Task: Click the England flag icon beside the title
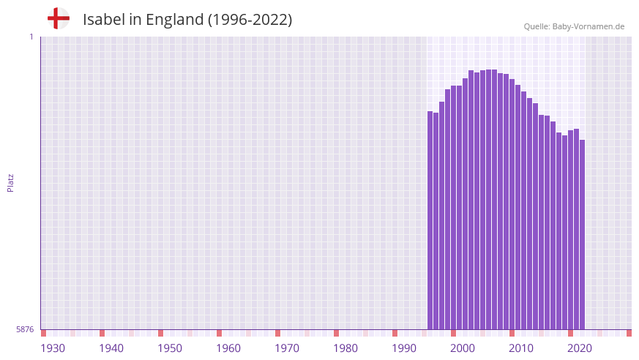coord(59,18)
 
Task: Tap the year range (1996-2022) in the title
coord(250,20)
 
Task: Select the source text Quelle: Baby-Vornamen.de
coord(574,26)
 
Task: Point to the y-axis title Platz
coord(10,182)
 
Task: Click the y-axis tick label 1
coord(31,37)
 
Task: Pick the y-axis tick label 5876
coord(25,330)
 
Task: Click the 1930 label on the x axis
coord(53,348)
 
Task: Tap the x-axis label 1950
coord(170,348)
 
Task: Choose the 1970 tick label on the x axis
coord(287,348)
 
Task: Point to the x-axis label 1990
coord(404,348)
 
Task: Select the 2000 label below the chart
coord(463,348)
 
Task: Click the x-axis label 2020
coord(580,348)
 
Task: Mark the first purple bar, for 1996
coord(430,220)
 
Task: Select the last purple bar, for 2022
coord(582,234)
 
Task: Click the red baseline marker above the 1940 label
coord(102,333)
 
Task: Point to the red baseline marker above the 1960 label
coord(219,333)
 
